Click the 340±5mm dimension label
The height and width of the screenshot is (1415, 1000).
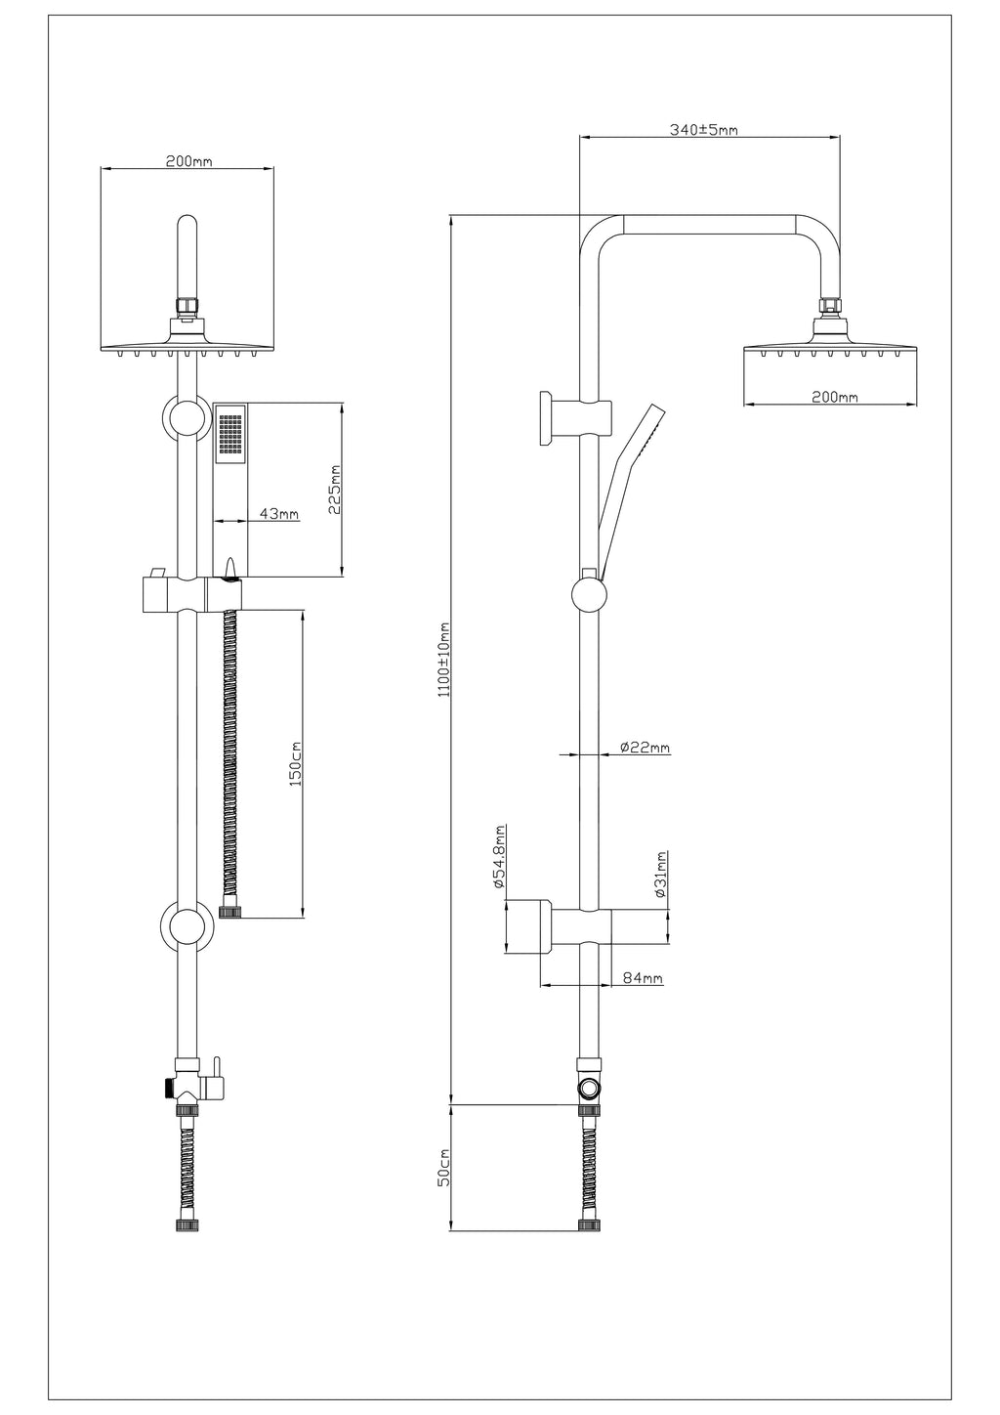tap(703, 130)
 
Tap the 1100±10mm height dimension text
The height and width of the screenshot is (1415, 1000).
tap(444, 660)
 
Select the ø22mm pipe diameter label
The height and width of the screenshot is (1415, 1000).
tap(645, 748)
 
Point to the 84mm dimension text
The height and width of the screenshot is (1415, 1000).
tap(643, 978)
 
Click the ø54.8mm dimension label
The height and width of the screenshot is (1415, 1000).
tap(499, 857)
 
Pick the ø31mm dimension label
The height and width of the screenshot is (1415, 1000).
tap(660, 875)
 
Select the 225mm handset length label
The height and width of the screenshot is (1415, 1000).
tap(335, 490)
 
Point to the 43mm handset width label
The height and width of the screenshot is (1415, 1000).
tap(279, 514)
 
